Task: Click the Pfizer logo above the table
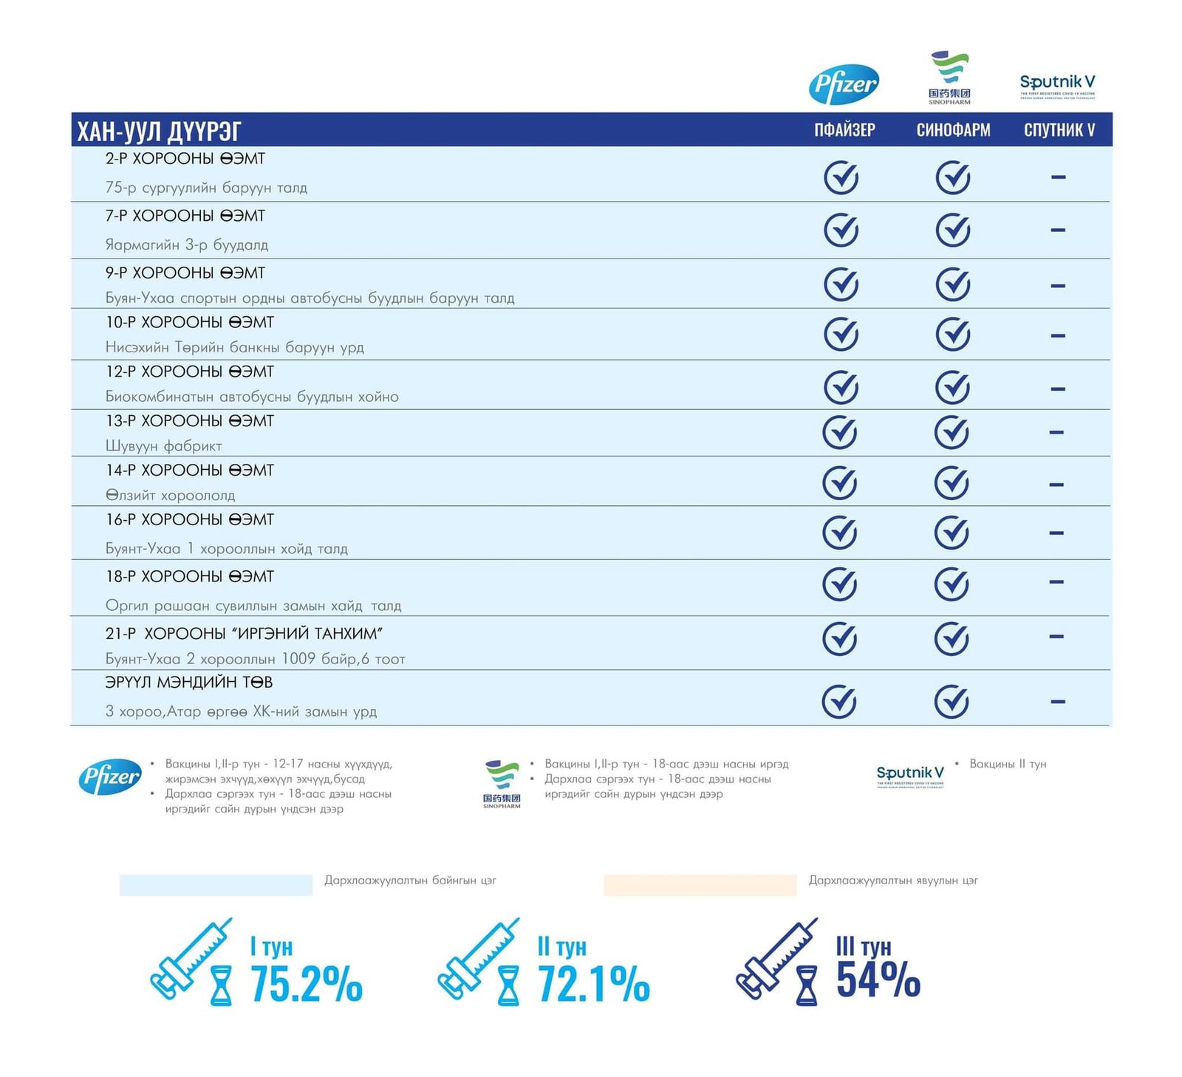844,84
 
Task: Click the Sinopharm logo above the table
949,77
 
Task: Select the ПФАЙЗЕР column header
844,130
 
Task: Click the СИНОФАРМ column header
953,130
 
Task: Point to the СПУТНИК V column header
1059,130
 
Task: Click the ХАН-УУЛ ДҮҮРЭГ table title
159,131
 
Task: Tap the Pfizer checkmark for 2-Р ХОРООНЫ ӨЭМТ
841,177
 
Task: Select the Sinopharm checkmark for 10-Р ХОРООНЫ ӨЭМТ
952,334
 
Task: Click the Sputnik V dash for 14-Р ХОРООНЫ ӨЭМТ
1056,485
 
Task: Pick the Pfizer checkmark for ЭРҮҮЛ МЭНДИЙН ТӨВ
839,701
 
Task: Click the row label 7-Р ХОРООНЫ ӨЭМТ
185,216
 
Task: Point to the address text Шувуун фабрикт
163,445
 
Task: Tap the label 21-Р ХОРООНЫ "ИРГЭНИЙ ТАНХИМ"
244,633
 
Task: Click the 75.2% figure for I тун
306,984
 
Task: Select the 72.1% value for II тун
593,984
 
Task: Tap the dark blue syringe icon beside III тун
775,958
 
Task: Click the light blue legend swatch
216,884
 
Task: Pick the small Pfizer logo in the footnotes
110,776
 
